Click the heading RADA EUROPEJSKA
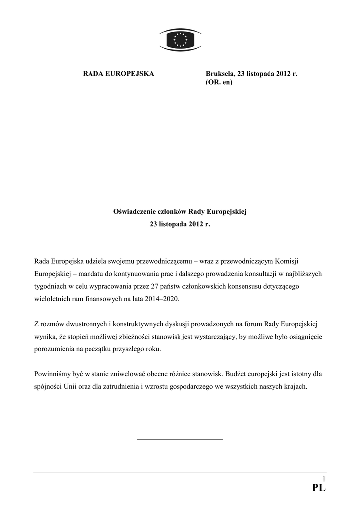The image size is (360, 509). (x=118, y=74)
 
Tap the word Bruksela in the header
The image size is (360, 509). (x=220, y=74)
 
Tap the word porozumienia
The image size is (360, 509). (x=59, y=349)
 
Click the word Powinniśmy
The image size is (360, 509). (x=53, y=373)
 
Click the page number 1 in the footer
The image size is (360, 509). (x=324, y=478)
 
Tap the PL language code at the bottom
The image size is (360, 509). (x=319, y=489)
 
